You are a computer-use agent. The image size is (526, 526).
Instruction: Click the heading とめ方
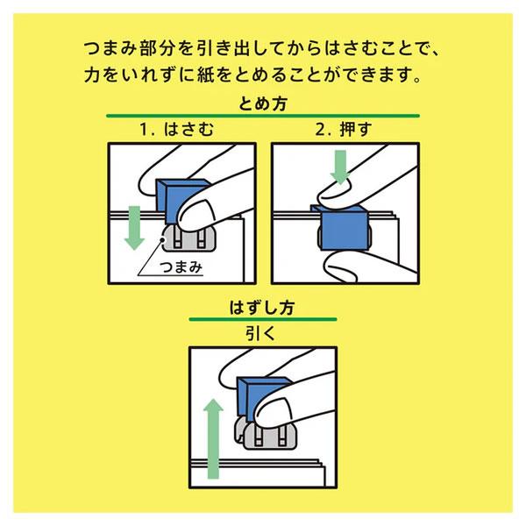point(263,103)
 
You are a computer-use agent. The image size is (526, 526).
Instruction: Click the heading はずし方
point(262,308)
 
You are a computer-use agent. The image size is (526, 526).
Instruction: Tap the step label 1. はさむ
point(176,129)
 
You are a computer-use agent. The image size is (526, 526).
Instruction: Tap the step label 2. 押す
point(344,129)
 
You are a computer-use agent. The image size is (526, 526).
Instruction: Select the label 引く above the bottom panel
point(260,333)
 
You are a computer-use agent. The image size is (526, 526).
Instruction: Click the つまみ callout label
point(181,267)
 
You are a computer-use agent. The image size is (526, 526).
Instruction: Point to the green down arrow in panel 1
point(134,228)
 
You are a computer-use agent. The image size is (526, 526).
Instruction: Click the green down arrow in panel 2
point(340,167)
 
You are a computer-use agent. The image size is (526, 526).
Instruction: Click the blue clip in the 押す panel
point(344,229)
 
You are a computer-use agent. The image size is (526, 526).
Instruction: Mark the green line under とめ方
point(263,116)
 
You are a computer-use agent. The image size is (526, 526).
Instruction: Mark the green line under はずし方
point(263,319)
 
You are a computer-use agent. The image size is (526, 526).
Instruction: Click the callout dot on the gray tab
point(163,239)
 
